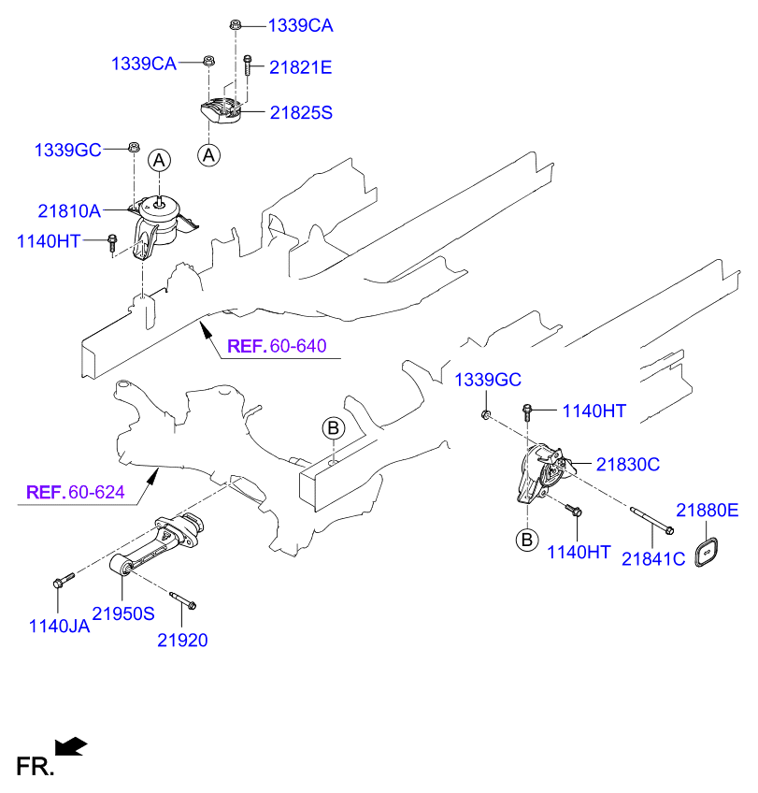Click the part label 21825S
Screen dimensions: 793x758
coord(301,112)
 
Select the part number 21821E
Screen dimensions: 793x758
coord(301,67)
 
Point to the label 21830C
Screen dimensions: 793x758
coord(628,464)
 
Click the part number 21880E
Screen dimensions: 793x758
coord(708,511)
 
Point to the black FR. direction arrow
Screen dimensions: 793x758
coord(71,745)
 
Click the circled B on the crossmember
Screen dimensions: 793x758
coord(334,428)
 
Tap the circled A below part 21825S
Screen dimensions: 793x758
coord(209,154)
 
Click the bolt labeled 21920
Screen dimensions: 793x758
coord(182,599)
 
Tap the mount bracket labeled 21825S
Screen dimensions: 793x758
coord(222,110)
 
